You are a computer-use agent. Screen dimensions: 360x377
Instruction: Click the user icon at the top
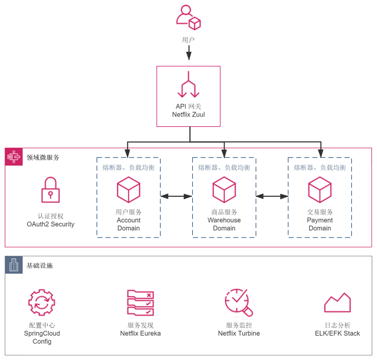[x=188, y=17]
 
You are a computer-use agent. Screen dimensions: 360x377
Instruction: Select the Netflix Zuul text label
[x=188, y=115]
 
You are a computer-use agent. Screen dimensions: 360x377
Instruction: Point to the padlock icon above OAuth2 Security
[x=50, y=190]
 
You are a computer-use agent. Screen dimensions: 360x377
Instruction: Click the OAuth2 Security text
[x=50, y=224]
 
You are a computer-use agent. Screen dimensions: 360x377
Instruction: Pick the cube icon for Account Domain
[x=128, y=190]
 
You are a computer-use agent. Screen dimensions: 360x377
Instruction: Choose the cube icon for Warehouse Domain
[x=224, y=190]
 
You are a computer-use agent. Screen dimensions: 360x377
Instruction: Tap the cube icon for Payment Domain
[x=320, y=190]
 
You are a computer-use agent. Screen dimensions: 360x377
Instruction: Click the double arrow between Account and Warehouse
[x=176, y=196]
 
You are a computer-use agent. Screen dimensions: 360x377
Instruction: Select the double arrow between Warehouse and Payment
[x=272, y=196]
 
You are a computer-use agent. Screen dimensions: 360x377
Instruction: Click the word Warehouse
[x=224, y=220]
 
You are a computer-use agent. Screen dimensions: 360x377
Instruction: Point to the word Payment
[x=320, y=220]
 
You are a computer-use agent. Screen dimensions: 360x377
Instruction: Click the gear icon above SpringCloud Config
[x=42, y=303]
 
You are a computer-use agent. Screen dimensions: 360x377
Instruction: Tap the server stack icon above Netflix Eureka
[x=140, y=303]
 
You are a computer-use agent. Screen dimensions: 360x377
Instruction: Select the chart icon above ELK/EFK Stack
[x=337, y=303]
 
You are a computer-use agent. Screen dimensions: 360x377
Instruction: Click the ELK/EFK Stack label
[x=337, y=333]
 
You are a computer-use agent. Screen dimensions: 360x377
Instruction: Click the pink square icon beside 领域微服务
[x=14, y=157]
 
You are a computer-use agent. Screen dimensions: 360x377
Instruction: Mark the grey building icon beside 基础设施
[x=14, y=265]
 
